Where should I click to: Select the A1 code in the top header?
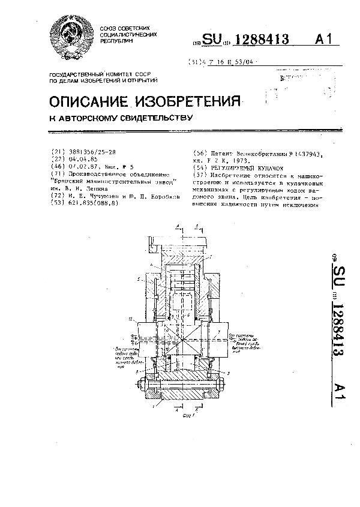[323, 41]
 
